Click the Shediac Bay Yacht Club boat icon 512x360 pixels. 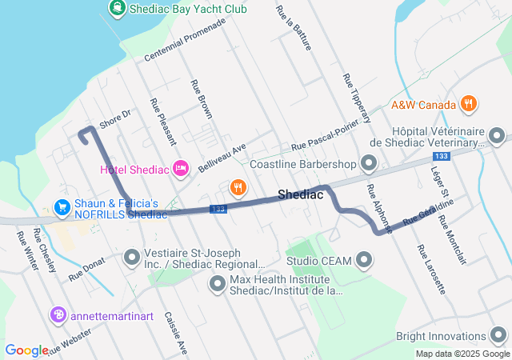point(118,10)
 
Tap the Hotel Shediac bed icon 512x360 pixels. point(181,168)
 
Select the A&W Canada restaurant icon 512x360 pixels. point(469,104)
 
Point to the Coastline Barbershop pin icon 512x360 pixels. point(369,164)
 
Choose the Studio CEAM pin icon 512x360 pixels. point(364,260)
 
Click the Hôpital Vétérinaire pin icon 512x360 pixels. point(498,136)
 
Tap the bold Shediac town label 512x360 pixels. point(301,194)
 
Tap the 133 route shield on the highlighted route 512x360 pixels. point(217,209)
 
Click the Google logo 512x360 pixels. point(27,350)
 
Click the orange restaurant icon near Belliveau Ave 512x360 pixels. point(238,188)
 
